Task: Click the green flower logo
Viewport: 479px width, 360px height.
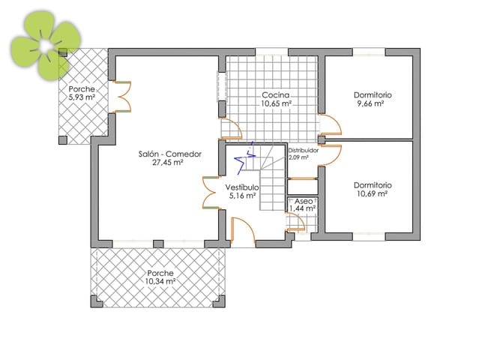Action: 45,46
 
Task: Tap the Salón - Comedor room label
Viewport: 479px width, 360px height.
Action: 170,154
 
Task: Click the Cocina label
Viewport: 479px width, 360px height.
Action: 275,95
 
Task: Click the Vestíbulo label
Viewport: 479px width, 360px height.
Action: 241,187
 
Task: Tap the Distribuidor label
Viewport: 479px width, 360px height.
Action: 303,150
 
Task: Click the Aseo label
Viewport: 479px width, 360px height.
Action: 304,202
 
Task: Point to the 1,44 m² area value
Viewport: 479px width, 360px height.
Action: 304,210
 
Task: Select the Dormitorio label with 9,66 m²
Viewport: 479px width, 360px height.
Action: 373,95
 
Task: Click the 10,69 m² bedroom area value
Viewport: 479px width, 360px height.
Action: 373,193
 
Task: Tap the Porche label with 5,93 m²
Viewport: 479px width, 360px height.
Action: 82,88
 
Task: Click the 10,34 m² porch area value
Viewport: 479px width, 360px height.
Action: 161,281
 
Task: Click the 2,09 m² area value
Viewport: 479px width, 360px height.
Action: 299,157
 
